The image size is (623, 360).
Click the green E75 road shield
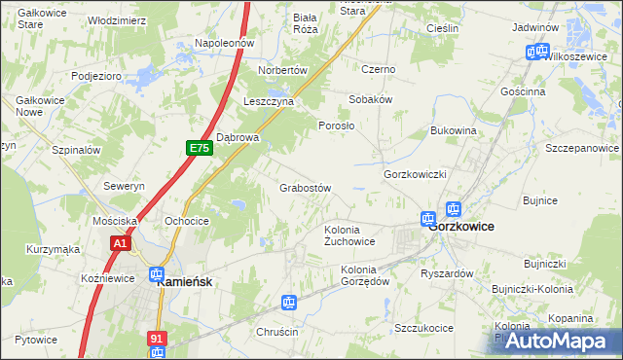pos(200,148)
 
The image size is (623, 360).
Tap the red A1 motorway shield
pos(121,243)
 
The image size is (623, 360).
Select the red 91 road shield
pos(157,339)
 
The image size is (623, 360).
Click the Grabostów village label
pos(307,188)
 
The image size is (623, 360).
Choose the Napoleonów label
pos(224,44)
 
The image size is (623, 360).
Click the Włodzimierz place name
pos(117,19)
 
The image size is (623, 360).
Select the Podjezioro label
pos(95,75)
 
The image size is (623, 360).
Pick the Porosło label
pos(337,126)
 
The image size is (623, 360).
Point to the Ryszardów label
pos(446,273)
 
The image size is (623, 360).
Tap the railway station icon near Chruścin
pos(289,304)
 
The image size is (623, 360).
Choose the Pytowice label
pos(36,340)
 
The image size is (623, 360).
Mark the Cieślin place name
pos(442,29)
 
